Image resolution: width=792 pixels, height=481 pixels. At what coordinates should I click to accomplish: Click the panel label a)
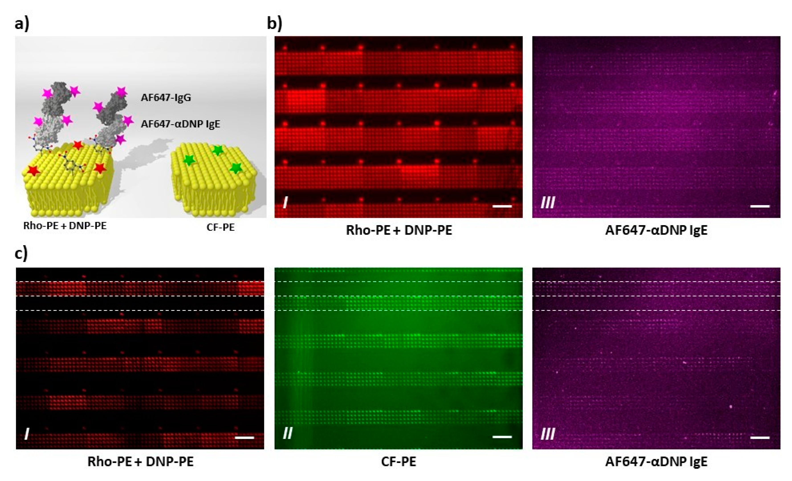pyautogui.click(x=22, y=24)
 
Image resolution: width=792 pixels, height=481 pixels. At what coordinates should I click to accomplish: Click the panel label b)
pyautogui.click(x=275, y=24)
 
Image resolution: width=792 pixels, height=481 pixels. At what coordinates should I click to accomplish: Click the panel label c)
pyautogui.click(x=21, y=253)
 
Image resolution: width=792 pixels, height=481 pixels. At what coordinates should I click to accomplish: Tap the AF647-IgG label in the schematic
pyautogui.click(x=166, y=97)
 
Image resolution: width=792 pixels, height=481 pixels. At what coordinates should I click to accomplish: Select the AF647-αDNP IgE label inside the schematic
pyautogui.click(x=180, y=124)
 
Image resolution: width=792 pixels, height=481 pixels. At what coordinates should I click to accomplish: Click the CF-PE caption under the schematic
pyautogui.click(x=220, y=228)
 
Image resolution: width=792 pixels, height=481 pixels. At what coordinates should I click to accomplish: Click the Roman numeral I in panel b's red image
pyautogui.click(x=285, y=203)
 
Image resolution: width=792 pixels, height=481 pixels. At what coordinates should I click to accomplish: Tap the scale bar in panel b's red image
pyautogui.click(x=502, y=206)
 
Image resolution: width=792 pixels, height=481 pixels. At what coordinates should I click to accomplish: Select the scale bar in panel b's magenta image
pyautogui.click(x=760, y=206)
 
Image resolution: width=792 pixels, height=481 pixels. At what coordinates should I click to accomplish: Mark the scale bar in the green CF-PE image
pyautogui.click(x=502, y=437)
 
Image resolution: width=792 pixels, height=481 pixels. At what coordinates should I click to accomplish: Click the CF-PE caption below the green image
pyautogui.click(x=399, y=462)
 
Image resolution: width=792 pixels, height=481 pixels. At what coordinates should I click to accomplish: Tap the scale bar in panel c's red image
pyautogui.click(x=245, y=437)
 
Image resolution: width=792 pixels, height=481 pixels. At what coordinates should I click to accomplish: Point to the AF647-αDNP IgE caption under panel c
pyautogui.click(x=656, y=462)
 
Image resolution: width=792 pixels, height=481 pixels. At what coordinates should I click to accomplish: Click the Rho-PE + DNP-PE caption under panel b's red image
pyautogui.click(x=399, y=230)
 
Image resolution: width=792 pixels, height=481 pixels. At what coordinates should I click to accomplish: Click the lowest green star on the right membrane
pyautogui.click(x=236, y=168)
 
